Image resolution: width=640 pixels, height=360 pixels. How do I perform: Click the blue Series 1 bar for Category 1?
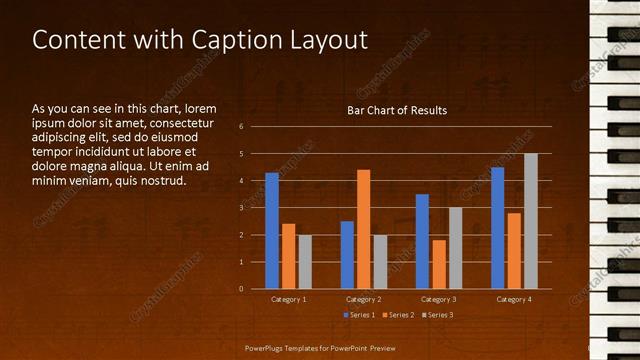point(272,231)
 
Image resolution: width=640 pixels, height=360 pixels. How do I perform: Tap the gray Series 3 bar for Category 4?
point(530,221)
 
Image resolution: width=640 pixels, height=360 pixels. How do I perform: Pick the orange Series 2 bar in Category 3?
point(439,264)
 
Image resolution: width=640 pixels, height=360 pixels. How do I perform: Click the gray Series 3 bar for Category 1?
point(305,262)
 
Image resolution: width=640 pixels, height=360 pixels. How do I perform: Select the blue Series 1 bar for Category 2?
point(347,255)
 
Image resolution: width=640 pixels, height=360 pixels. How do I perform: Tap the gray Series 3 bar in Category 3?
point(455,248)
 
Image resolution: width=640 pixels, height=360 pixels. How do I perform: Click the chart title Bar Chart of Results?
point(397,110)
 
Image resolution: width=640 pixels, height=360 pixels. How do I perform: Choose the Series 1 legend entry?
point(359,315)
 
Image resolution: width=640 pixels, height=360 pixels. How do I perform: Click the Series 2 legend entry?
point(397,315)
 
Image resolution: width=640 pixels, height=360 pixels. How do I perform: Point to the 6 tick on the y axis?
point(242,127)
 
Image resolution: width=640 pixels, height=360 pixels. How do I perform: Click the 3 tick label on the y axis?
point(242,208)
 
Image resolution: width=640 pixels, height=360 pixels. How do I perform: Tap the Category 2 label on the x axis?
point(364,299)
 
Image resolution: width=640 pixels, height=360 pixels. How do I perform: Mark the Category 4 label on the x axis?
point(514,299)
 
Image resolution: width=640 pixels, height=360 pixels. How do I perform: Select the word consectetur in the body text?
point(178,122)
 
